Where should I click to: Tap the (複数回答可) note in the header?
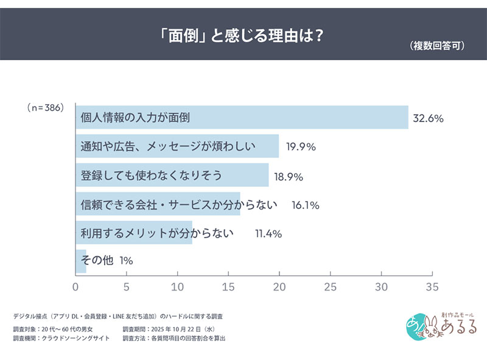(433, 46)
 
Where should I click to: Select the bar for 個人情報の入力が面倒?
(242, 117)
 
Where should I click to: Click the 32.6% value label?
(429, 118)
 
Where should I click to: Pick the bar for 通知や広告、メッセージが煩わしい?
(177, 146)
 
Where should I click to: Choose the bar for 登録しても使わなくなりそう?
(172, 175)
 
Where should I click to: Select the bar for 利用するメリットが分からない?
(134, 233)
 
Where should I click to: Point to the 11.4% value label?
(267, 234)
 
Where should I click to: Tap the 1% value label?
(126, 261)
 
